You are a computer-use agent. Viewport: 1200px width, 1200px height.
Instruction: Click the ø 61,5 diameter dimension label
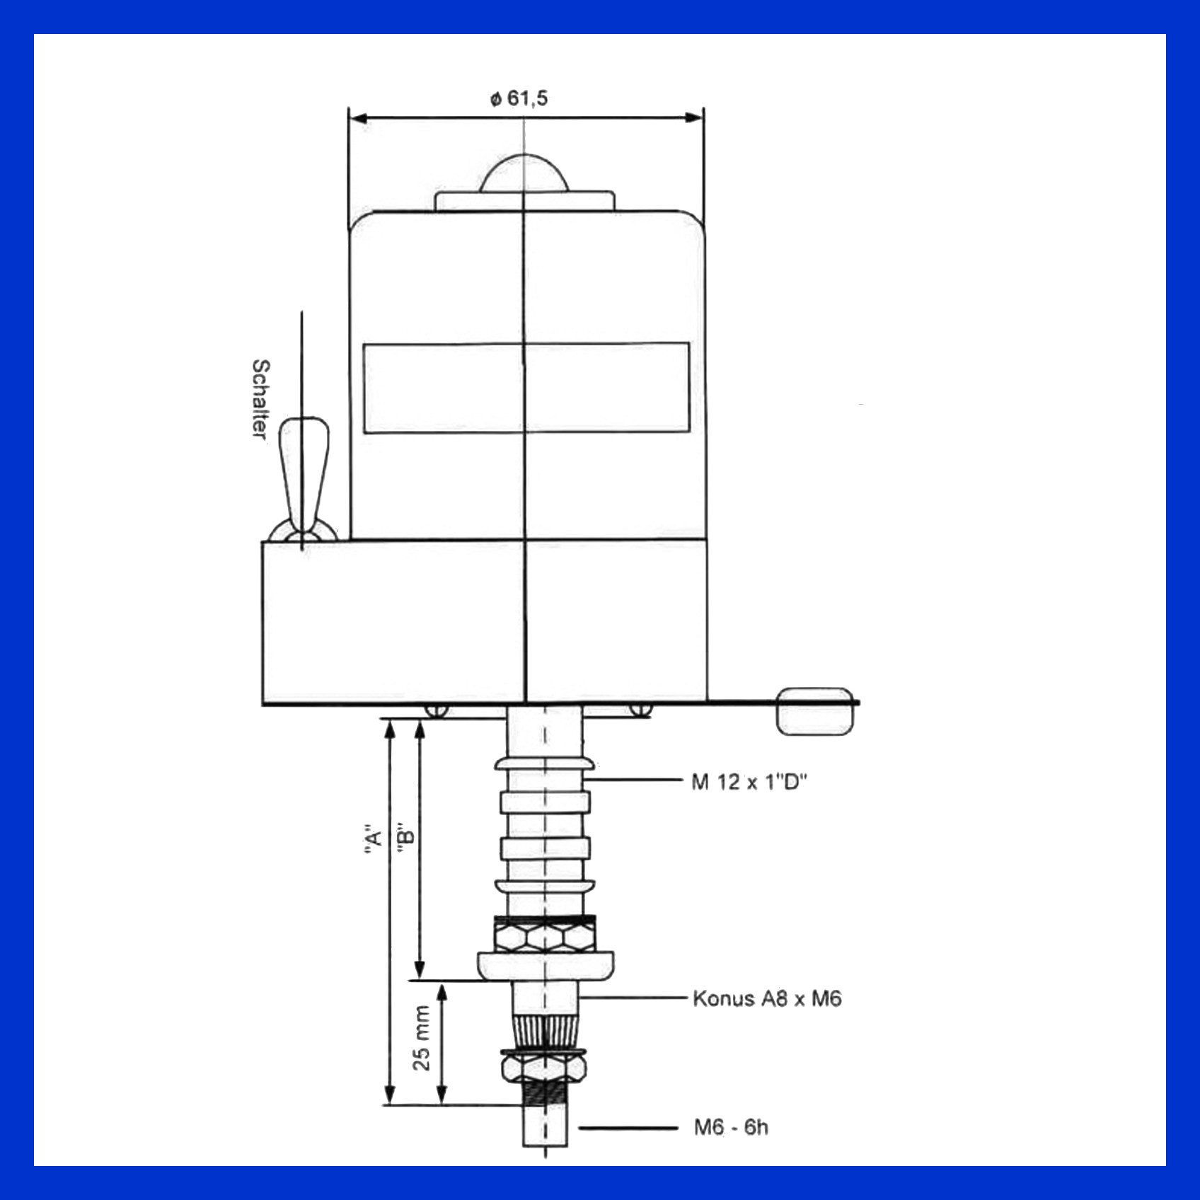[x=519, y=98]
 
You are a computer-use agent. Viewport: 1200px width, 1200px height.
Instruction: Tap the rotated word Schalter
[x=260, y=399]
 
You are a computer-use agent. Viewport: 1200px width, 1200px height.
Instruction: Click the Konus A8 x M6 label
[x=767, y=999]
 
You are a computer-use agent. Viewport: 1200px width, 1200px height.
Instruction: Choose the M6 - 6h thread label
[x=731, y=1126]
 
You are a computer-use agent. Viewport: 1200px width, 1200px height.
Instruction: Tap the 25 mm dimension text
[x=421, y=1038]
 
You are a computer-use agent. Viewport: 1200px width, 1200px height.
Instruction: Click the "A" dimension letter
[x=372, y=838]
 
